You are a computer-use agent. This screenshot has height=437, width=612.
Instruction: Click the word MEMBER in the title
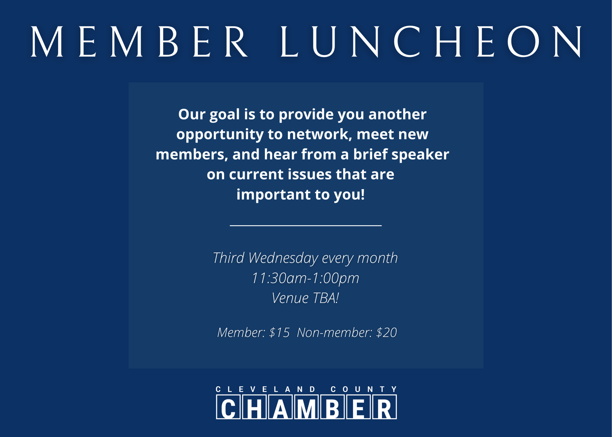(x=139, y=42)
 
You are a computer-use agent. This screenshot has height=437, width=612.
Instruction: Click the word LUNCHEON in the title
(x=431, y=42)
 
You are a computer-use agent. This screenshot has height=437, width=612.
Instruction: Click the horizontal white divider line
(x=306, y=225)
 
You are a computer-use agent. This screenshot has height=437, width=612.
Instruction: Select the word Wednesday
(x=283, y=258)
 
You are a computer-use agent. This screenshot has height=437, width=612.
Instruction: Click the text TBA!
(x=326, y=298)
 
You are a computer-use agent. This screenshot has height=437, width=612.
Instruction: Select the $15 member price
(x=279, y=333)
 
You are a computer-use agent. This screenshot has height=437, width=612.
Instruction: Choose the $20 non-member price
(x=386, y=333)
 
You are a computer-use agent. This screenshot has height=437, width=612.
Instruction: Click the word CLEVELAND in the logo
(x=265, y=389)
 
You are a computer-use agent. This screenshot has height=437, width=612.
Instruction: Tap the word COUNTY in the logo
(x=364, y=389)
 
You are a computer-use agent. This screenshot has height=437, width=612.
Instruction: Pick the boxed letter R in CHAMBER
(x=385, y=407)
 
